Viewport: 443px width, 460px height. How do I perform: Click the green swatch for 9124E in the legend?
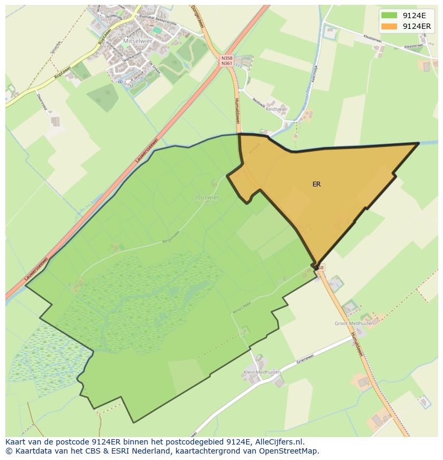(x=389, y=15)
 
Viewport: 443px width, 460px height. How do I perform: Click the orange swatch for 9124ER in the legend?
(x=389, y=26)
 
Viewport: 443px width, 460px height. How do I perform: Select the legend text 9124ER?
(x=417, y=26)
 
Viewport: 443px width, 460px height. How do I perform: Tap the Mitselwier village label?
(x=138, y=41)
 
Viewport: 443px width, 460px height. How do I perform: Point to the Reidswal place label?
(x=276, y=109)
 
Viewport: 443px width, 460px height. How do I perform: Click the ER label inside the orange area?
(x=317, y=184)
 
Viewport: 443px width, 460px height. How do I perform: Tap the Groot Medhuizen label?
(x=354, y=323)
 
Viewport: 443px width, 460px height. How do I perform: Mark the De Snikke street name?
(x=154, y=67)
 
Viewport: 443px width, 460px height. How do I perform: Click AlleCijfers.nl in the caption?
(x=278, y=442)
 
